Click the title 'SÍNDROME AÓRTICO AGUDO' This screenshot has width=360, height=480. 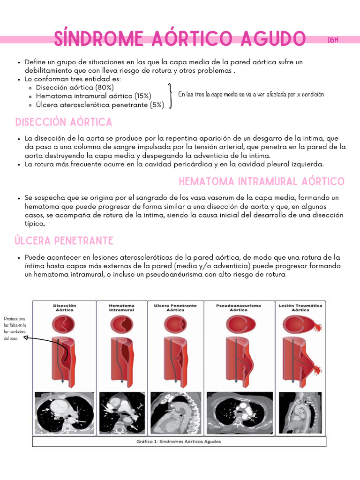pyautogui.click(x=180, y=39)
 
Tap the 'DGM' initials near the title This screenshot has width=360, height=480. pyautogui.click(x=334, y=41)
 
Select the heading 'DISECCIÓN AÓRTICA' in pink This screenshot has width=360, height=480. pyautogui.click(x=64, y=122)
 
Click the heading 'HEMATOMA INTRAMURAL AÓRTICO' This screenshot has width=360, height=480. pyautogui.click(x=262, y=181)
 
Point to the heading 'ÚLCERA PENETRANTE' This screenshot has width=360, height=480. pyautogui.click(x=64, y=241)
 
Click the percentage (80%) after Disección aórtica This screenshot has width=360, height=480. pyautogui.click(x=104, y=88)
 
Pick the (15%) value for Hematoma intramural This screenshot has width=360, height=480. pyautogui.click(x=142, y=96)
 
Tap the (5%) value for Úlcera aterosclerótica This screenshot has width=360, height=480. pyautogui.click(x=157, y=105)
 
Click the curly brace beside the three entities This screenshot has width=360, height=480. pyautogui.click(x=170, y=96)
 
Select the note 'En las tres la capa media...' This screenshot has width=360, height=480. pyautogui.click(x=251, y=94)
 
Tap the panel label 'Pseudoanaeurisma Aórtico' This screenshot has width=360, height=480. pyautogui.click(x=238, y=308)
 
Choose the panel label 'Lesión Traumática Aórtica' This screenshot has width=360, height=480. pyautogui.click(x=300, y=308)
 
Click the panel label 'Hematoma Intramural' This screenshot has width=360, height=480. pyautogui.click(x=121, y=308)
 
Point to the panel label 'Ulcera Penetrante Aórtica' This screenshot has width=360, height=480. pyautogui.click(x=175, y=308)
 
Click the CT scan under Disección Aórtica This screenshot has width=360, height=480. pyautogui.click(x=65, y=413)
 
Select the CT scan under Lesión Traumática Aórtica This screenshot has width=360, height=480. pyautogui.click(x=300, y=413)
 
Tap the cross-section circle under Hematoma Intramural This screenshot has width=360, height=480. pyautogui.click(x=121, y=324)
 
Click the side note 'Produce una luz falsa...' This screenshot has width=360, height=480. pyautogui.click(x=15, y=328)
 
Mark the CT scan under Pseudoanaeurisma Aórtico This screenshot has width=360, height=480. pyautogui.click(x=239, y=413)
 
